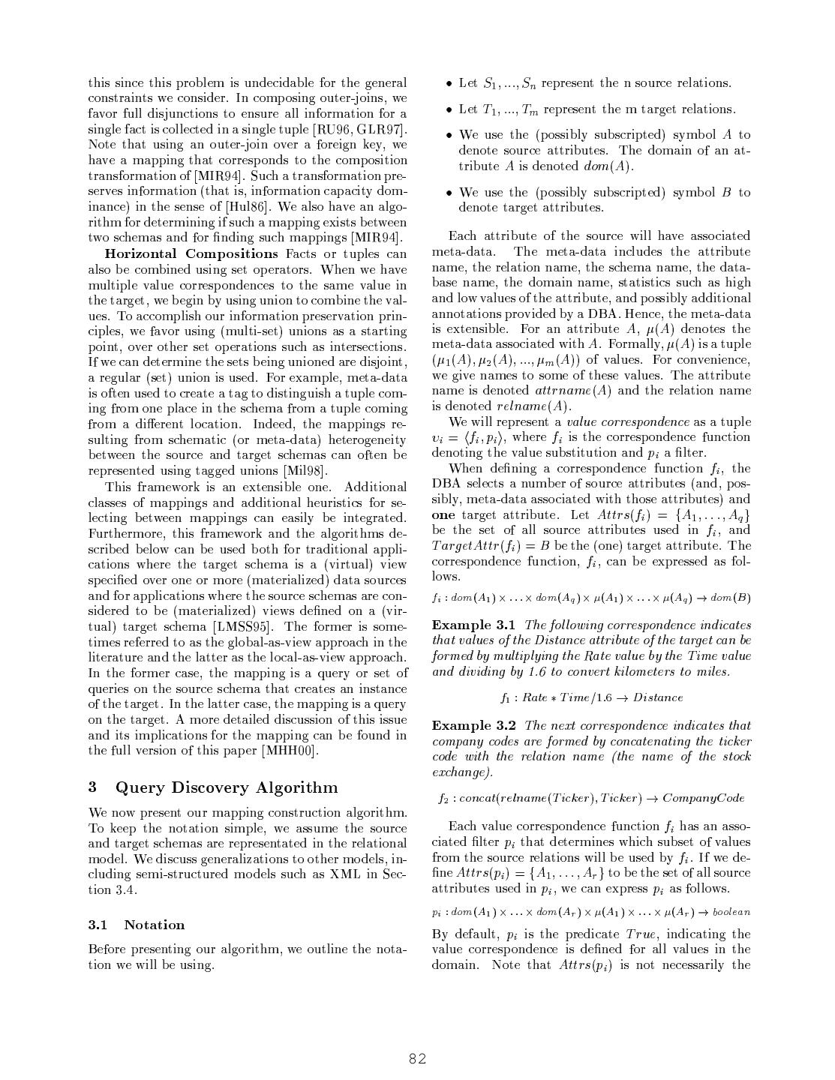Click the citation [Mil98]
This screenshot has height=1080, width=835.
306,471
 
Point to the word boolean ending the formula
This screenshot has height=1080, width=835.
731,912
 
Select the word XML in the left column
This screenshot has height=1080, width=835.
345,874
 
